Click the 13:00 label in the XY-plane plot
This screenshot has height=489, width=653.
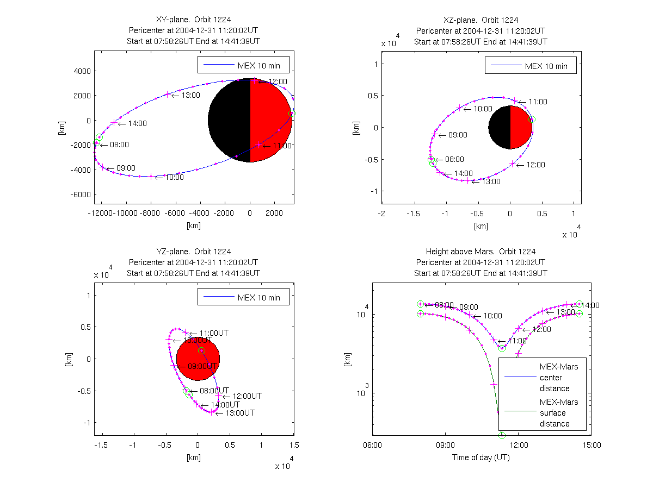tap(190, 95)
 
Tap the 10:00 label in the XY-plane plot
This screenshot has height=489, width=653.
tap(174, 177)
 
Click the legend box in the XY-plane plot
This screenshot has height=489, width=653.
tap(243, 64)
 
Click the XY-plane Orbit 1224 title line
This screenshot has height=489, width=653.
tap(193, 20)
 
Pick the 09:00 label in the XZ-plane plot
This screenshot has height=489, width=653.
tap(458, 135)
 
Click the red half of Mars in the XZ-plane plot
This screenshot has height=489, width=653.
tap(521, 127)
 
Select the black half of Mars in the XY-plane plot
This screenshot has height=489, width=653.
tap(229, 121)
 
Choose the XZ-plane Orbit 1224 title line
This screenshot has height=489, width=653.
tap(480, 20)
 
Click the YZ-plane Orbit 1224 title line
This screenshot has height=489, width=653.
tap(193, 252)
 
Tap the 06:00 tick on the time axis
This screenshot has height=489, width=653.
tap(372, 444)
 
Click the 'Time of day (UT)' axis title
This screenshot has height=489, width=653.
tap(481, 457)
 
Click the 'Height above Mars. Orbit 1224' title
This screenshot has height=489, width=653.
tap(480, 252)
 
